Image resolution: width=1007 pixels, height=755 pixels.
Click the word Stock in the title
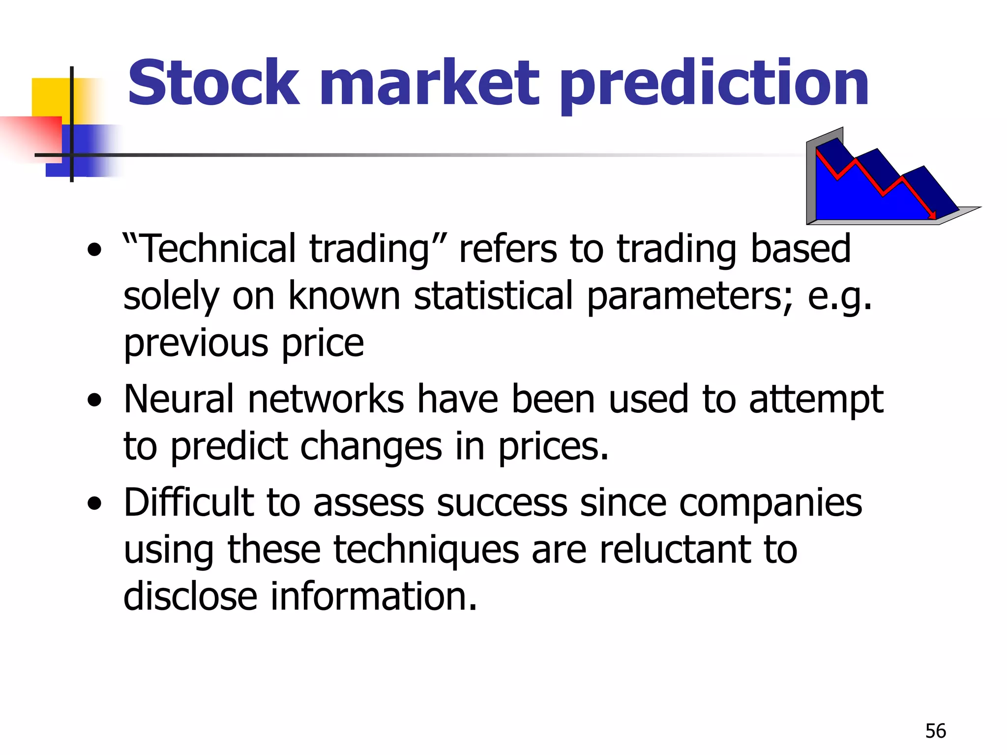tap(213, 84)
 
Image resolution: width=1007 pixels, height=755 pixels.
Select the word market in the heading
tap(429, 84)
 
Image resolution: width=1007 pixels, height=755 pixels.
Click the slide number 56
tap(935, 731)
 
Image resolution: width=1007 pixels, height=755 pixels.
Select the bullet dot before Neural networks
tap(94, 401)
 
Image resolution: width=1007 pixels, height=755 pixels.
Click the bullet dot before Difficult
tap(94, 504)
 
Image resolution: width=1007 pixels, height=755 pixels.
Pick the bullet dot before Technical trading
tap(94, 250)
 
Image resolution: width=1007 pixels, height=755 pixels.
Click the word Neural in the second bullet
tap(179, 399)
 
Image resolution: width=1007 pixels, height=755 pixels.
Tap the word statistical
tap(493, 296)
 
